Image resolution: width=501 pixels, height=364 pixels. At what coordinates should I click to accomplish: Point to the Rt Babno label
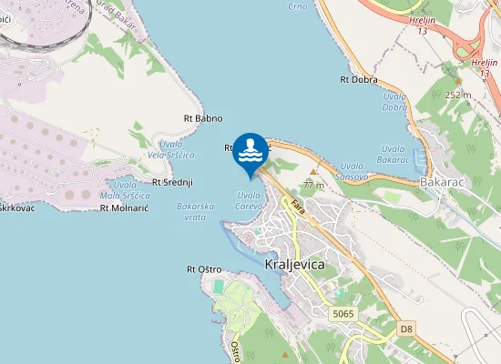(202, 117)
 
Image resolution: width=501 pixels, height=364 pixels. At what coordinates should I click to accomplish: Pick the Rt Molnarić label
(124, 207)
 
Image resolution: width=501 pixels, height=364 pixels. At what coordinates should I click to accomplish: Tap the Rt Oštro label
(204, 268)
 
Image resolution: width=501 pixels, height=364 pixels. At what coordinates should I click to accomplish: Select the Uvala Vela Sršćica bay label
(177, 149)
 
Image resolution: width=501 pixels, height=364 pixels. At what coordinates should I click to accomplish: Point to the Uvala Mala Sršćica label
(125, 190)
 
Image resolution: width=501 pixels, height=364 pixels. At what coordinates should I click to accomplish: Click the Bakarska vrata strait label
(195, 211)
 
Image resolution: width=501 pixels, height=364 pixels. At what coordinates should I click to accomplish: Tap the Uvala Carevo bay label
(250, 200)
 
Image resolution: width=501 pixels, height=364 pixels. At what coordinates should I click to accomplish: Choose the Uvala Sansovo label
(352, 171)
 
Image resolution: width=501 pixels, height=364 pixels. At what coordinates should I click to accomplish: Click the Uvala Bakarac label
(393, 155)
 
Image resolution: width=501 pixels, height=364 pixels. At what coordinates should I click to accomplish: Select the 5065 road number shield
(343, 313)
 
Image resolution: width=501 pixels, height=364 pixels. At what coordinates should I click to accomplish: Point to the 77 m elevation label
(314, 184)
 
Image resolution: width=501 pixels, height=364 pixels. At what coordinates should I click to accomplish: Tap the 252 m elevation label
(458, 94)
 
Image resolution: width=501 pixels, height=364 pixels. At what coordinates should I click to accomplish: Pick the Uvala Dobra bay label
(394, 102)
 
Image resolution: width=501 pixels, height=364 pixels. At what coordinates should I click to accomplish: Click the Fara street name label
(297, 208)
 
